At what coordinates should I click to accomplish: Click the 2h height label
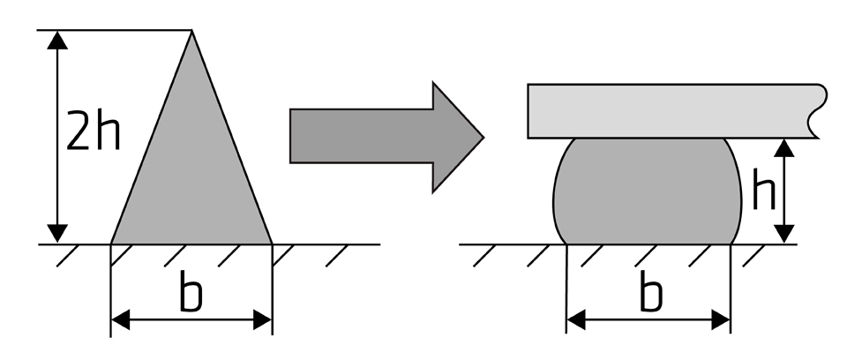(93, 131)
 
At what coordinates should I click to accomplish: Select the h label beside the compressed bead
(763, 189)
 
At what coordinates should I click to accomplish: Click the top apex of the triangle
(191, 31)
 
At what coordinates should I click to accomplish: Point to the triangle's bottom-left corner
(111, 244)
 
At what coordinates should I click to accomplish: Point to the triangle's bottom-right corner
(272, 244)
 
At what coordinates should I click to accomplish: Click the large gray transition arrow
(386, 137)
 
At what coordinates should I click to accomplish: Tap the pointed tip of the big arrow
(483, 138)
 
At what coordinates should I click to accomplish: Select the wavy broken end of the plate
(819, 111)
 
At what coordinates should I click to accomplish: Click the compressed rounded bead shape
(648, 191)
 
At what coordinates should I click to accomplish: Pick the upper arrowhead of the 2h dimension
(57, 40)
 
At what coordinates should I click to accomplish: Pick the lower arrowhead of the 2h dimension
(57, 233)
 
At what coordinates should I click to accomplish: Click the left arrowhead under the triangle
(121, 319)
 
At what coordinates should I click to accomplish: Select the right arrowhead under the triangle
(262, 319)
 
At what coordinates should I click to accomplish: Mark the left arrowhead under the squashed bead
(576, 319)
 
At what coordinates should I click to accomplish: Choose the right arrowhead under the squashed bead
(721, 319)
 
